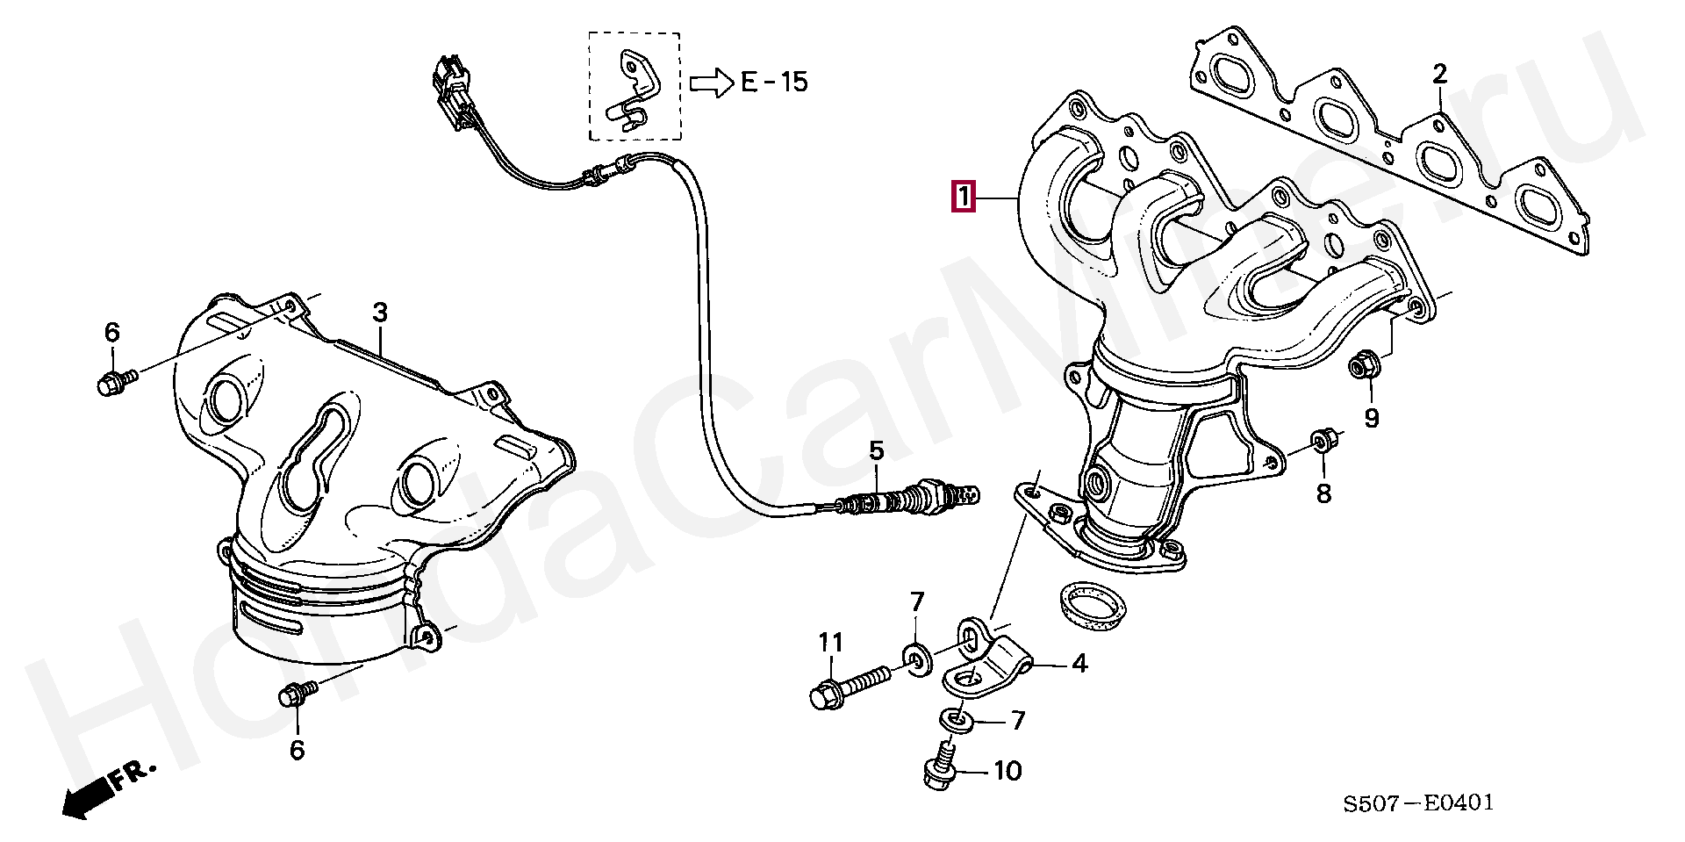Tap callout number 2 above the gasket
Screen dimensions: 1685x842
point(1439,74)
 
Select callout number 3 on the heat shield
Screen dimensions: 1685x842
point(379,312)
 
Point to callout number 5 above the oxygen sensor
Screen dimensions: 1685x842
point(876,451)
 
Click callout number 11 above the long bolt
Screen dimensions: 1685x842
point(830,644)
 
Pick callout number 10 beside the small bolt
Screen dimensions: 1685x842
point(1007,771)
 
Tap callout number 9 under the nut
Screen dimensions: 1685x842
point(1371,418)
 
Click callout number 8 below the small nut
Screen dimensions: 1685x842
point(1323,493)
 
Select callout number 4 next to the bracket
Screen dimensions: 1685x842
point(1079,664)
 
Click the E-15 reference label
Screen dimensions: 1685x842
point(773,83)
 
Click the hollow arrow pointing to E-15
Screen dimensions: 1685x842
point(710,83)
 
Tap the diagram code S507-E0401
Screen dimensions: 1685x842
point(1417,802)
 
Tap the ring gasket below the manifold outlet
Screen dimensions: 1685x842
point(1088,607)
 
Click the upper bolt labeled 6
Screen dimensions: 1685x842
point(115,381)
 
